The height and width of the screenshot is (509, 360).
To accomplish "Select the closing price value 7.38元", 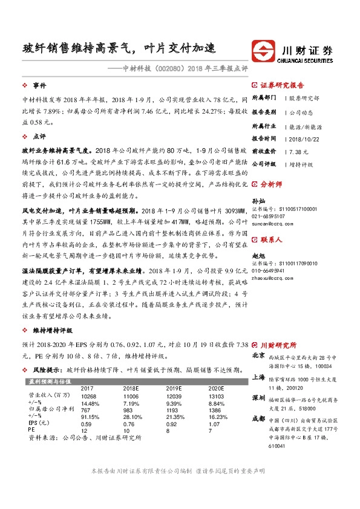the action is (299, 151).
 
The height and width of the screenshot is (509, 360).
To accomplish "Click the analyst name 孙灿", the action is (258, 201).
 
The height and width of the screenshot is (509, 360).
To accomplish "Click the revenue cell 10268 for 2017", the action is (90, 395).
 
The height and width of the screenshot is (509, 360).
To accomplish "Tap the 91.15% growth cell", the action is (90, 417).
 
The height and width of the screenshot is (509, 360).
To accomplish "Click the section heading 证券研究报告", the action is (282, 86).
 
